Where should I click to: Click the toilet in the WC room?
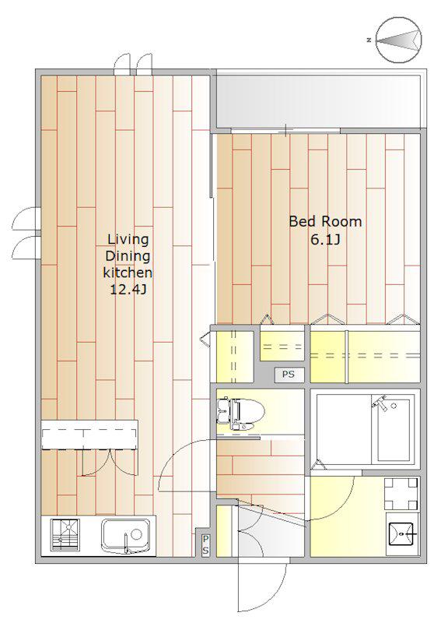click(240, 414)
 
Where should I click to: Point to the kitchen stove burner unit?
click(65, 535)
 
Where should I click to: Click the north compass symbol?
click(398, 40)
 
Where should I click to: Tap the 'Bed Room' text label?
click(325, 221)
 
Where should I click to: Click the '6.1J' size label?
click(325, 240)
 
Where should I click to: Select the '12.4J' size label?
click(128, 290)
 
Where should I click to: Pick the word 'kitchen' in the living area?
click(128, 273)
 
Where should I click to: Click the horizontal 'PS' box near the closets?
click(289, 375)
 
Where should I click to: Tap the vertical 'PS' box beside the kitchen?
click(205, 545)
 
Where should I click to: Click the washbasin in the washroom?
click(402, 533)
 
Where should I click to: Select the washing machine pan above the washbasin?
click(401, 494)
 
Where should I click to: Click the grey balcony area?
click(318, 101)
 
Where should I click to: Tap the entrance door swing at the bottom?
click(262, 587)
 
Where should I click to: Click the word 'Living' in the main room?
click(128, 240)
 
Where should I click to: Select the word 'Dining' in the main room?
click(128, 256)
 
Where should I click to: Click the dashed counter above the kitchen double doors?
click(89, 435)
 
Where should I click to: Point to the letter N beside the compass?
click(369, 40)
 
